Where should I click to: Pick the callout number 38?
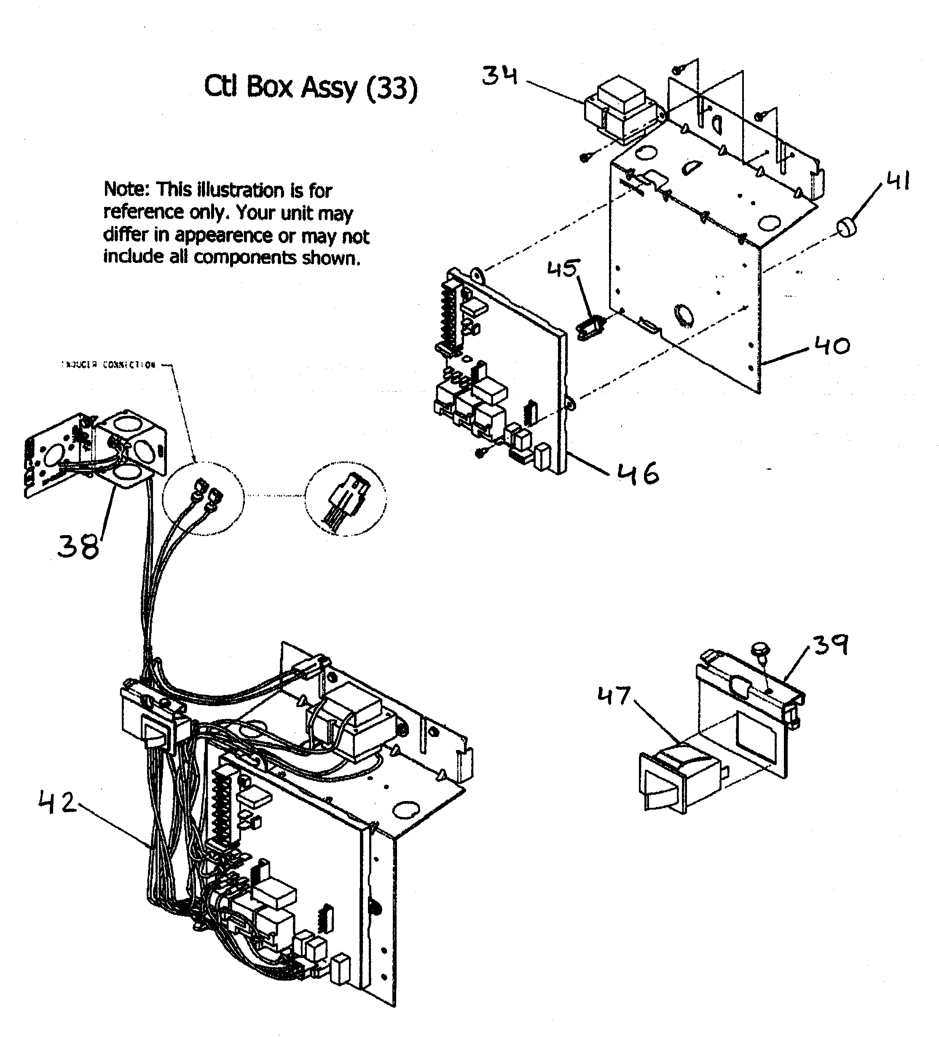coord(78,546)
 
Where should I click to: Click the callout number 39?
coord(830,645)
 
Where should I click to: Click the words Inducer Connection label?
coord(109,365)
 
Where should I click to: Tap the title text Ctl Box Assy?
coord(280,87)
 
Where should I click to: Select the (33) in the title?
coord(392,88)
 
